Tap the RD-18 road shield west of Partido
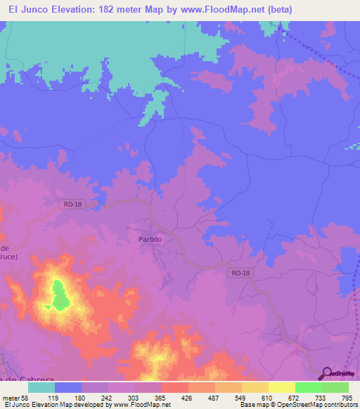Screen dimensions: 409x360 pyautogui.click(x=68, y=204)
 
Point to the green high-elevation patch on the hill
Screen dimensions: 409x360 pyautogui.click(x=60, y=294)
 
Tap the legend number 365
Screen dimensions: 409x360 pyautogui.click(x=161, y=397)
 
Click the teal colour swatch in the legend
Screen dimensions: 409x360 pyautogui.click(x=41, y=387)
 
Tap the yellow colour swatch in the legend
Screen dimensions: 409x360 pyautogui.click(x=281, y=387)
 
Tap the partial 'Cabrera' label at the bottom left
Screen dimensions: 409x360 pyautogui.click(x=21, y=379)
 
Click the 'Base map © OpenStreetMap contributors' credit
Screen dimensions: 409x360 pyautogui.click(x=295, y=405)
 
